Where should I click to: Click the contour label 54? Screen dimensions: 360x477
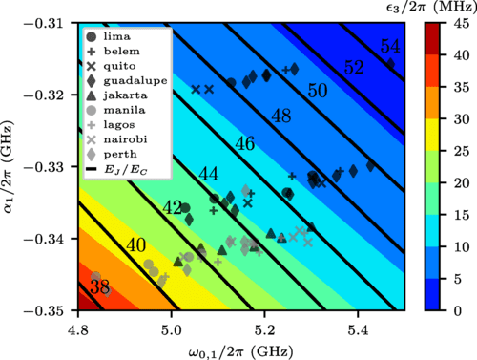coord(389,47)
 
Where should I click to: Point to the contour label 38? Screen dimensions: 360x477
coord(99,286)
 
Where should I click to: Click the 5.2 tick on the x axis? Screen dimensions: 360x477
coord(264,326)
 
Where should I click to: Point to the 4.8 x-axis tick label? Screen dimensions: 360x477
coord(79,326)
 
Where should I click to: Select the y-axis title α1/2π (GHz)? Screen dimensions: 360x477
coord(11,167)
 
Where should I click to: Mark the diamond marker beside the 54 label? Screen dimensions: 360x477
coord(389,63)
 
